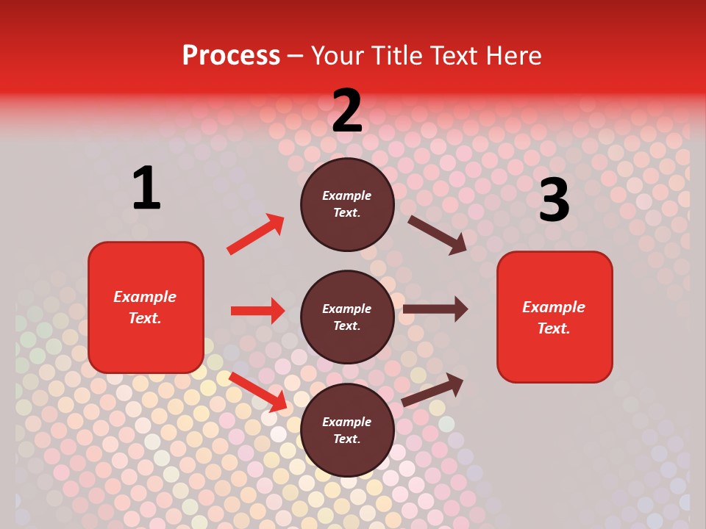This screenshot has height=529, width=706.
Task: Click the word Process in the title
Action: click(231, 55)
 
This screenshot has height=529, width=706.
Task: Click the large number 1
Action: click(146, 188)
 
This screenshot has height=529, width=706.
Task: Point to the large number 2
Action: click(347, 111)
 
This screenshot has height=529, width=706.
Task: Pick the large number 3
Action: click(554, 201)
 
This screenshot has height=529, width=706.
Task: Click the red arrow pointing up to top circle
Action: click(255, 234)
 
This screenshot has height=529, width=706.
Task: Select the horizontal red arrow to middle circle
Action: click(257, 311)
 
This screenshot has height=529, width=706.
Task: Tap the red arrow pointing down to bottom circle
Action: click(258, 392)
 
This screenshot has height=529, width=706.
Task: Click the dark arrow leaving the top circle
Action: click(437, 234)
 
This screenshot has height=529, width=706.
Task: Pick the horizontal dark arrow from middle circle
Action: click(435, 309)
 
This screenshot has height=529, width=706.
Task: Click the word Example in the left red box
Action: click(145, 297)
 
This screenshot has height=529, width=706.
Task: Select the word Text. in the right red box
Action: click(554, 328)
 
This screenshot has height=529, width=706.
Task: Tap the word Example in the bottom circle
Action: click(347, 422)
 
